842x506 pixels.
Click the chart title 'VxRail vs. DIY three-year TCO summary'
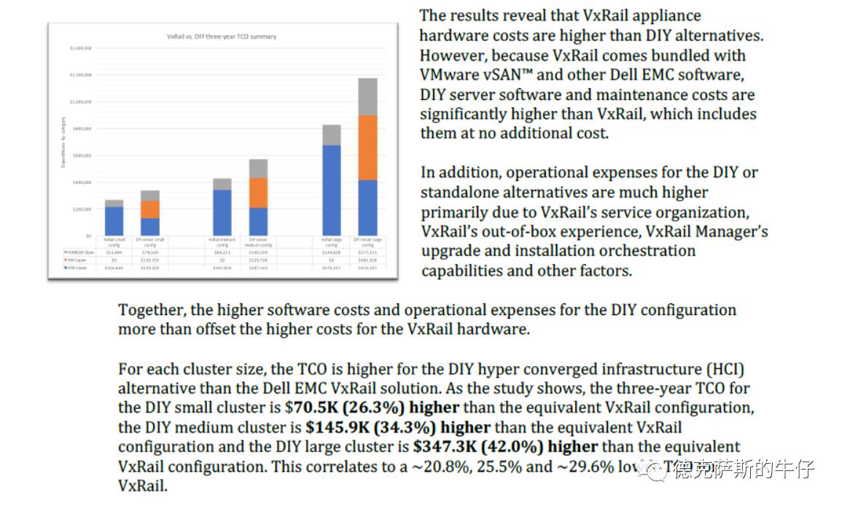point(222,36)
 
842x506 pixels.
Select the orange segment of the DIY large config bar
point(367,147)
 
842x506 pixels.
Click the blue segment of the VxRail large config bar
point(332,190)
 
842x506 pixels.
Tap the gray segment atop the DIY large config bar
point(367,96)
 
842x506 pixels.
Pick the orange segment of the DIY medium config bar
point(258,192)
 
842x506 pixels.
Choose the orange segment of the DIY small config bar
point(150,209)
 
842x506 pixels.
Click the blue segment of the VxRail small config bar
point(114,221)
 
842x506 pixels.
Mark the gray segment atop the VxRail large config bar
point(332,135)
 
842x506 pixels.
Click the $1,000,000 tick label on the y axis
point(81,102)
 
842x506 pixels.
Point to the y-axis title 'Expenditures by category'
point(63,142)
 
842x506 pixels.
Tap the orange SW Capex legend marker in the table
point(66,260)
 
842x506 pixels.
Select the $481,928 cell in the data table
point(367,260)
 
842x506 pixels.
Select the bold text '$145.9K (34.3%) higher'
point(397,427)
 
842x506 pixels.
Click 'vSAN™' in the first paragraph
point(510,75)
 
